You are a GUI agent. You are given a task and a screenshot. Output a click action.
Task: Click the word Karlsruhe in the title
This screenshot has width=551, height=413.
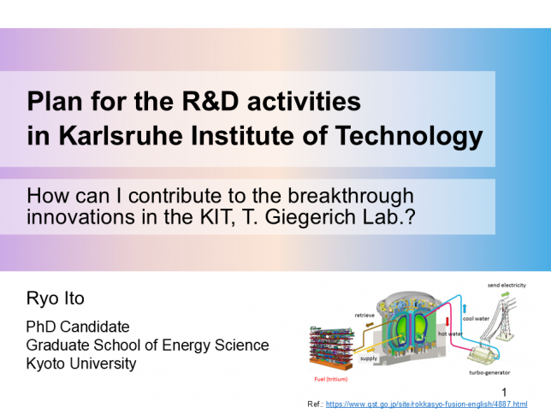coord(121,136)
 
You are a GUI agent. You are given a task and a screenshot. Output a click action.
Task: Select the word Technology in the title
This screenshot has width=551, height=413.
coord(409,137)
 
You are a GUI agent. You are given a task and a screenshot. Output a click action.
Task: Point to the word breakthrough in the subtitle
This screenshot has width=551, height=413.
coord(351,196)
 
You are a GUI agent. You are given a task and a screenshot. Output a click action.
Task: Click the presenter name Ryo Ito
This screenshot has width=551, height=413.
coord(55,298)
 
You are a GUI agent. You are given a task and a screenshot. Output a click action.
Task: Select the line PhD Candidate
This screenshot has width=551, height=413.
coord(78,327)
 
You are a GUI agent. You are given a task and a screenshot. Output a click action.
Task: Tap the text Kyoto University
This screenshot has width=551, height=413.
coord(81,364)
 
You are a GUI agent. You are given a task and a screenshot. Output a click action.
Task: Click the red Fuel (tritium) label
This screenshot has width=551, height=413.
coord(330,380)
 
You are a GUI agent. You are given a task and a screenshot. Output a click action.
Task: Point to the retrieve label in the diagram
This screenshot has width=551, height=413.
coord(364,316)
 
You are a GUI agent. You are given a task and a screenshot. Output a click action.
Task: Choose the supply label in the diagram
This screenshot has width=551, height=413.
coord(369,358)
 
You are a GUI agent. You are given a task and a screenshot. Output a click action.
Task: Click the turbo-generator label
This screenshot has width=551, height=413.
coord(489,373)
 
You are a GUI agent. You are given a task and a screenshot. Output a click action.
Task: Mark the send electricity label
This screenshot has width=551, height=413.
coord(507,286)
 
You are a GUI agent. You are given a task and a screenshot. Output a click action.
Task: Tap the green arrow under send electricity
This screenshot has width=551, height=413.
coord(505,294)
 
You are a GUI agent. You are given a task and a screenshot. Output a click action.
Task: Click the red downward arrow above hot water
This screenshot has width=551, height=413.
coord(447,322)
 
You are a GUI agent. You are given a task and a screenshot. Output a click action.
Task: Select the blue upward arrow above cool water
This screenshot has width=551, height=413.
coord(465,309)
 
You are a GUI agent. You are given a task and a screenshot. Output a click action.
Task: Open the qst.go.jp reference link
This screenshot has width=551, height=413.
coord(426,404)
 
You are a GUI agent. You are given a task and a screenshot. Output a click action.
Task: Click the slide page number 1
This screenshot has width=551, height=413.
coord(504,392)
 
